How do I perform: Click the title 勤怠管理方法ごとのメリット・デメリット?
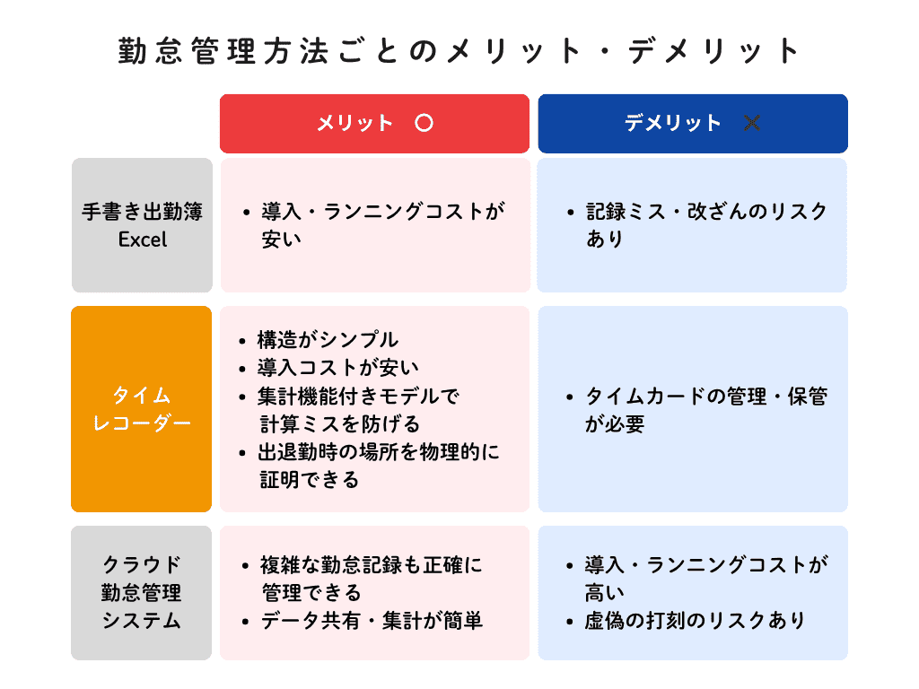[459, 51]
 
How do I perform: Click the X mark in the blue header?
[752, 123]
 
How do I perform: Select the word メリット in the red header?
[354, 123]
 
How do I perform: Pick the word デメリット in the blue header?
[673, 123]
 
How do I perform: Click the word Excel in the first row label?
[143, 240]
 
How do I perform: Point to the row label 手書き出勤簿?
[143, 212]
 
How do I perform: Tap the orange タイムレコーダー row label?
[141, 409]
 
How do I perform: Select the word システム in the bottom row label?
[141, 621]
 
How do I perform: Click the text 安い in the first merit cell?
[281, 239]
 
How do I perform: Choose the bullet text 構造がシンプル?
[328, 340]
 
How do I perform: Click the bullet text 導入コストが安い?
[338, 368]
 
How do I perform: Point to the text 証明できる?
[310, 481]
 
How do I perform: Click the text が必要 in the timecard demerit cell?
[615, 424]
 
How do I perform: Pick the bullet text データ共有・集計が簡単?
[372, 621]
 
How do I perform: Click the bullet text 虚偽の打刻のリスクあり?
[696, 621]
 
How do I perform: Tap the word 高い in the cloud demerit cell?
[604, 593]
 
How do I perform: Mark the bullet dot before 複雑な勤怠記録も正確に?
[245, 566]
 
